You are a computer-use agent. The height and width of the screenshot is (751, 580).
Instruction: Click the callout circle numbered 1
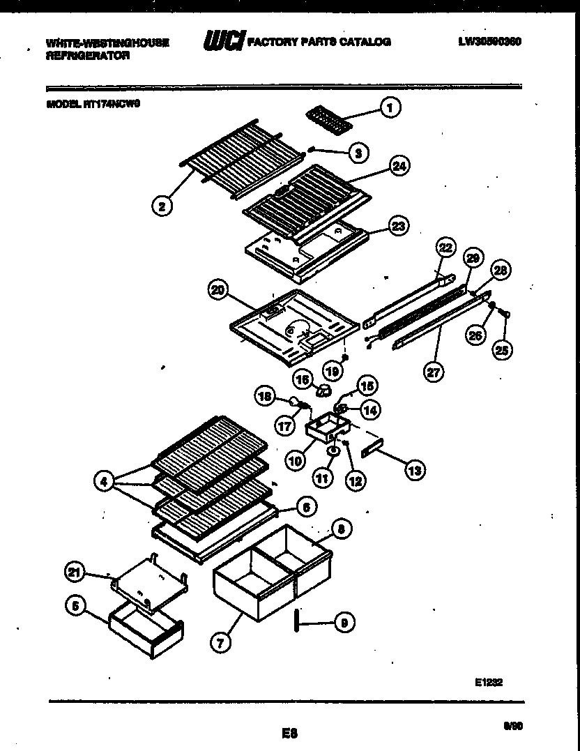pyautogui.click(x=390, y=107)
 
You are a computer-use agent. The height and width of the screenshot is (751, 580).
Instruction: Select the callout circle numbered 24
pyautogui.click(x=399, y=166)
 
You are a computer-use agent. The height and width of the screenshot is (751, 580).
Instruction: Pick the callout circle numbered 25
pyautogui.click(x=501, y=349)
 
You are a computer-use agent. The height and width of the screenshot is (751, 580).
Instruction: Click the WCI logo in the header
pyautogui.click(x=224, y=42)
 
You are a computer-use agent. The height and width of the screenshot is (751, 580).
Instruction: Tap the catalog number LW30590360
pyautogui.click(x=489, y=42)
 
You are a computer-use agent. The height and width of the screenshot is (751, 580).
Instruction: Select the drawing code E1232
pyautogui.click(x=488, y=683)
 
